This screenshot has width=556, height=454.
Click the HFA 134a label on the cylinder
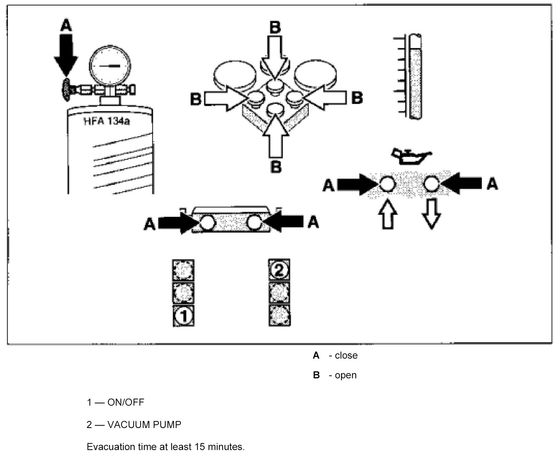107,121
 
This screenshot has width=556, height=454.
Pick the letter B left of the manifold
196,99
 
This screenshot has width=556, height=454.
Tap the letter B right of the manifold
357,98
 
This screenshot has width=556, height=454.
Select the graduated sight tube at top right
415,77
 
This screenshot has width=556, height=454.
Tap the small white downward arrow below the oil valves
431,214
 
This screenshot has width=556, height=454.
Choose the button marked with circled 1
183,316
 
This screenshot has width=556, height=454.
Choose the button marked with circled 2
279,270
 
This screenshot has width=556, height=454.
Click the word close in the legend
346,356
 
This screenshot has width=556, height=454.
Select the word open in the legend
345,375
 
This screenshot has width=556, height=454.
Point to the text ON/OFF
126,402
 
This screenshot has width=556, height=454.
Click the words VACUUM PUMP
144,425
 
